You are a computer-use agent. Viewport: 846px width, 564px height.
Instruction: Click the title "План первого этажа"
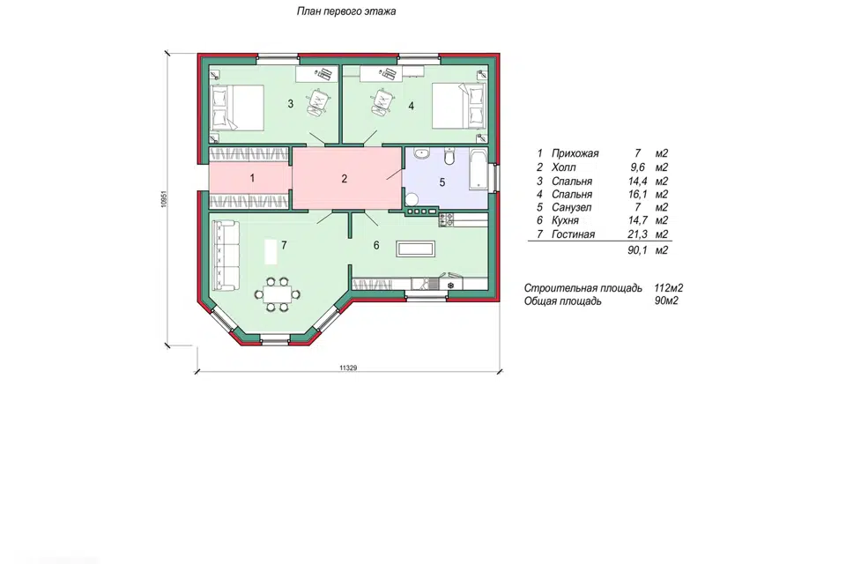click(346, 11)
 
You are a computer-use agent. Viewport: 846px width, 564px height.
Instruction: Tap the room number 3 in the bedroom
click(290, 104)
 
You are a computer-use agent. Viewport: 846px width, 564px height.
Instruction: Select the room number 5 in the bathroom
click(442, 182)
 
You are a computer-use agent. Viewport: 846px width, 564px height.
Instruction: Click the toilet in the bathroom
click(449, 156)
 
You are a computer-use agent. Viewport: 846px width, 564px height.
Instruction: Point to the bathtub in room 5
click(479, 169)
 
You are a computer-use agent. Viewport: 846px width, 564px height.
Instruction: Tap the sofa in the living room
click(226, 256)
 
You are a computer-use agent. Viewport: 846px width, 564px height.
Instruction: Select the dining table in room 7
click(277, 294)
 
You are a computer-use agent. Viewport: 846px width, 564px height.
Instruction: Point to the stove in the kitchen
click(447, 219)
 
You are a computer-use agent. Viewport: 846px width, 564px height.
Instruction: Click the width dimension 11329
click(349, 368)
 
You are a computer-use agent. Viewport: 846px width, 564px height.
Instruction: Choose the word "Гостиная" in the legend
click(573, 234)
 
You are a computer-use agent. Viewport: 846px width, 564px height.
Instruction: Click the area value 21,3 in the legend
click(637, 234)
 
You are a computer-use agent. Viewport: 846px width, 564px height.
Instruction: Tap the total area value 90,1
click(637, 250)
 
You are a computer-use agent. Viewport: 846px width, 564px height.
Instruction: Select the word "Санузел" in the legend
click(571, 207)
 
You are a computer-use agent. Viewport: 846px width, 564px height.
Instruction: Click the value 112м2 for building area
click(669, 288)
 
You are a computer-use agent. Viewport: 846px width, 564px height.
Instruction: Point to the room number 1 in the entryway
click(252, 177)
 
